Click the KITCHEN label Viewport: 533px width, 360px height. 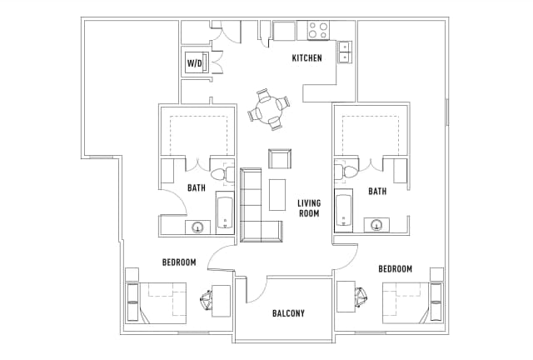(x=306, y=58)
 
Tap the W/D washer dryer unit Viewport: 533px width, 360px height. (x=195, y=62)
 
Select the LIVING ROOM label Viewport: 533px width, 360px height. (x=310, y=207)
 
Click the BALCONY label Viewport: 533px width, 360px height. (x=288, y=314)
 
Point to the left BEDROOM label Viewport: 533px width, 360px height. (x=179, y=262)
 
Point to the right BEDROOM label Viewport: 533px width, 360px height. (x=395, y=269)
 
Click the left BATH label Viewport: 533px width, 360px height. (x=196, y=188)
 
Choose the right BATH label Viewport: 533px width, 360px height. (x=377, y=192)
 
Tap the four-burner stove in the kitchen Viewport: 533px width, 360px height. (x=317, y=31)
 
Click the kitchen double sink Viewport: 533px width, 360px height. (x=344, y=52)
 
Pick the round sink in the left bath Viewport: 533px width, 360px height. (x=199, y=227)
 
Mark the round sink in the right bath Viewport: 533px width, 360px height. (x=376, y=224)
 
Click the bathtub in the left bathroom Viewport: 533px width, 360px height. (x=225, y=212)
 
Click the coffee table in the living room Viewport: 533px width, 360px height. (x=276, y=195)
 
